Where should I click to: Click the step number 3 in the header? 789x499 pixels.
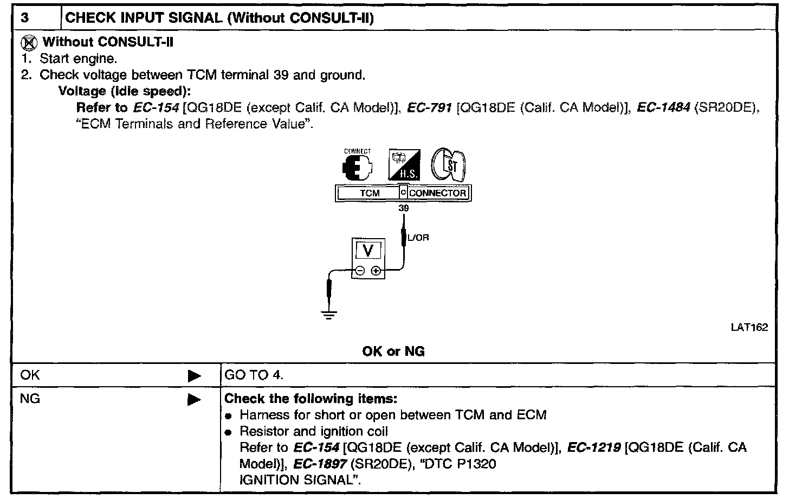click(25, 18)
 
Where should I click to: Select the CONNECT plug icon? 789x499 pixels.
click(358, 166)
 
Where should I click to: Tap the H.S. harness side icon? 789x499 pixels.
click(404, 166)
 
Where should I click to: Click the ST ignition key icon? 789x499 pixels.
click(448, 165)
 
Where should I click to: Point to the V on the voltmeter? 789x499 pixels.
click(368, 251)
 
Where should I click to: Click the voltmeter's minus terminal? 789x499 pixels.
click(360, 271)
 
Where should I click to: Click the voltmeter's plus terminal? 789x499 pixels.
click(376, 271)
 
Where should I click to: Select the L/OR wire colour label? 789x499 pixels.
click(418, 238)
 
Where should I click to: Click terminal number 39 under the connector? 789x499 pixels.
click(403, 208)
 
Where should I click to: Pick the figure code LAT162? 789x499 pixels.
click(749, 328)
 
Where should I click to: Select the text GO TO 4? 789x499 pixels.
click(254, 375)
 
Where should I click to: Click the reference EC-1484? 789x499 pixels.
click(663, 107)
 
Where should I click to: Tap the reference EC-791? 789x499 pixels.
click(430, 107)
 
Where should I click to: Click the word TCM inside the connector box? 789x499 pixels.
click(370, 193)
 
